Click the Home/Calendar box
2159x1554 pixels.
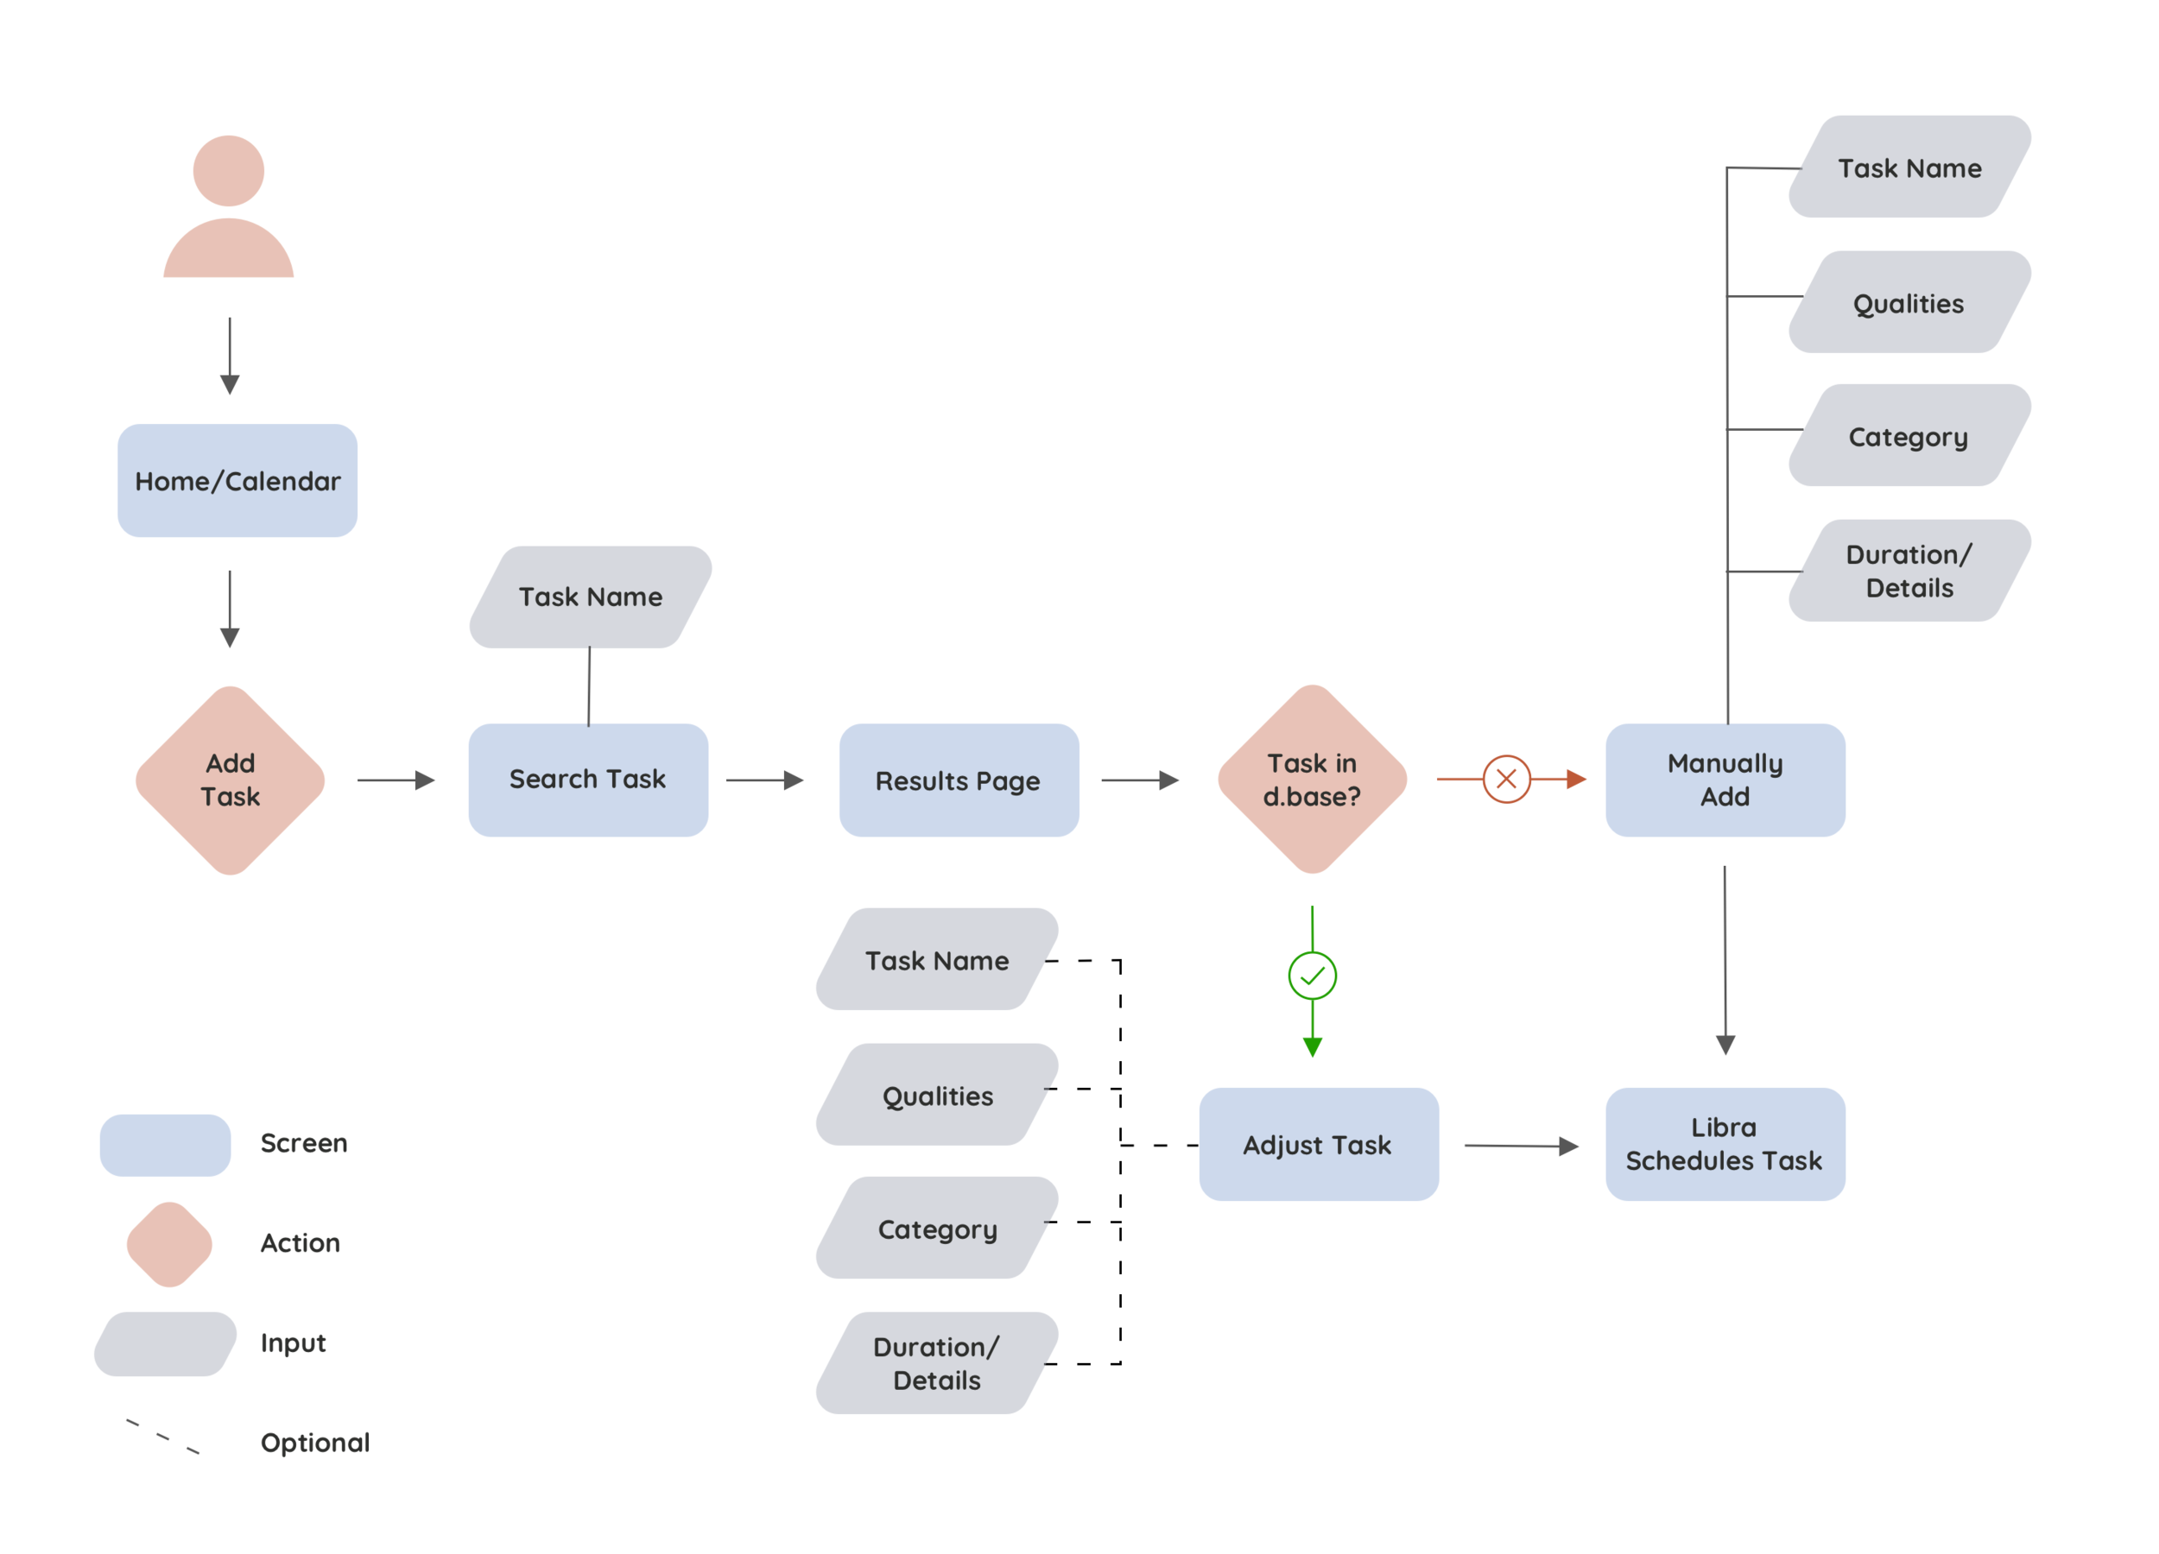coord(236,483)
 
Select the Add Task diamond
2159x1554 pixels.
coord(231,780)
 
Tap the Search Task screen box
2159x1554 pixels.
coord(587,780)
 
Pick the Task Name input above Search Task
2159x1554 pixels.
coord(590,597)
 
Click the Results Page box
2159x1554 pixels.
coord(957,781)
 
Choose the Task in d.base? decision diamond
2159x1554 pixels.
coord(1312,780)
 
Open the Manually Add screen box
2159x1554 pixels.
coord(1724,780)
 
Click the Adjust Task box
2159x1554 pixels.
coord(1318,1146)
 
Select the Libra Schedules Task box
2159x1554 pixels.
coord(1723,1145)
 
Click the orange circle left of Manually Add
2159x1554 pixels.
coord(1506,780)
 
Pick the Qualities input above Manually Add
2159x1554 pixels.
coord(1907,305)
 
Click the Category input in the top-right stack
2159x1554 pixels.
coord(1907,438)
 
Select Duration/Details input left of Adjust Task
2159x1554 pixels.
coord(936,1365)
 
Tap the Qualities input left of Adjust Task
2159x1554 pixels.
coord(937,1097)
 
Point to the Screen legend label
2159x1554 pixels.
coord(304,1145)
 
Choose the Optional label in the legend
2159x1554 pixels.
coord(314,1446)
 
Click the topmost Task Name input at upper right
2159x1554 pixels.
coord(1909,169)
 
